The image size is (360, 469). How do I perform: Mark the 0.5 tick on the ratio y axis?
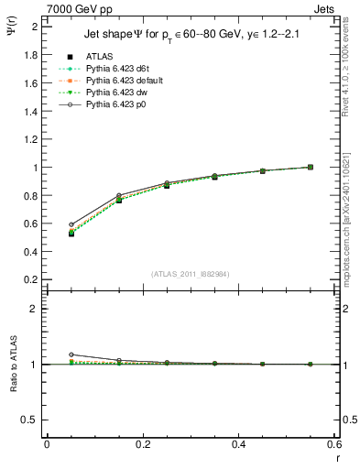coord(33,420)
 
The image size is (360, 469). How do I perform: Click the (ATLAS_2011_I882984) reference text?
coord(191,275)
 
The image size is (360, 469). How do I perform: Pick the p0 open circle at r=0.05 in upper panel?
coord(71,224)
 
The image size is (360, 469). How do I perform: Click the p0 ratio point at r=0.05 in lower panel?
coord(71,354)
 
